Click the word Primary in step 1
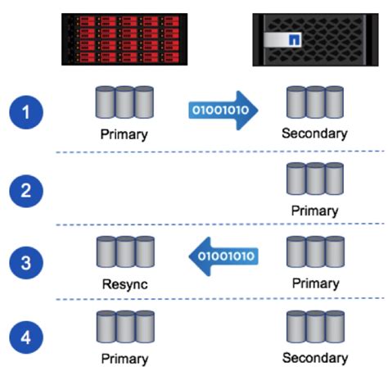[x=124, y=134]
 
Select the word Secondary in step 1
[x=314, y=134]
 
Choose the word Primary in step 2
[x=314, y=211]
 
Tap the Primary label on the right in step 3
[x=314, y=283]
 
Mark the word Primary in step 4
[x=124, y=358]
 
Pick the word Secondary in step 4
[x=314, y=357]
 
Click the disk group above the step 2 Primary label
[x=314, y=179]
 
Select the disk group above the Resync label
[x=124, y=252]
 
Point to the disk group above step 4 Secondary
[x=314, y=327]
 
